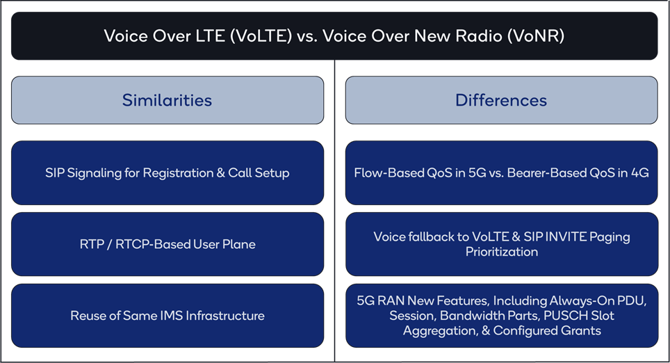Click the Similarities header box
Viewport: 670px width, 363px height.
(167, 100)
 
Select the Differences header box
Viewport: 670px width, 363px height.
(501, 100)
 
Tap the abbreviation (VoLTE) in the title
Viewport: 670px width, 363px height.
(261, 36)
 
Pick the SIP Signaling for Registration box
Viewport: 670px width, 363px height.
(167, 172)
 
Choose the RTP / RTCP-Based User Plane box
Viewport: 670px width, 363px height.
(167, 244)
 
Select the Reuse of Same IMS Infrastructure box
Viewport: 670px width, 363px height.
(167, 316)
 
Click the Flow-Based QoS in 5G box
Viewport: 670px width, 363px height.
(501, 172)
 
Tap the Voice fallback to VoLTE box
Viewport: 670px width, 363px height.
(501, 244)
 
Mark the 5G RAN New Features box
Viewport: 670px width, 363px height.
(501, 316)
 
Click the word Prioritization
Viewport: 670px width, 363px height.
(502, 252)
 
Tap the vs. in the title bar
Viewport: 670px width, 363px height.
(307, 37)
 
